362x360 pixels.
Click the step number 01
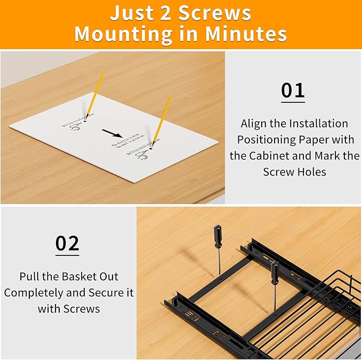[293, 91]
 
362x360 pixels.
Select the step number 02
[68, 243]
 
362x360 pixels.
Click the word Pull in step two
[30, 277]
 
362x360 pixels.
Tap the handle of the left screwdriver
[218, 236]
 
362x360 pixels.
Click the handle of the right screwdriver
[275, 272]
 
